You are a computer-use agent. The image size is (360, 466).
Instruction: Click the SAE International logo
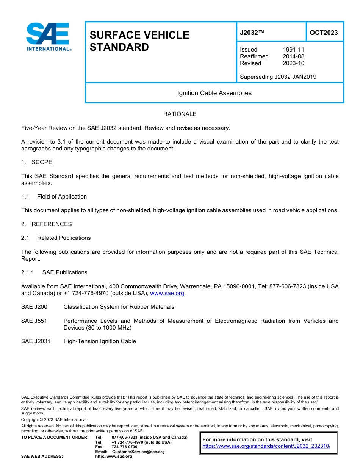(48, 37)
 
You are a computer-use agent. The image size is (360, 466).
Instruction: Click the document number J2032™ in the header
(252, 33)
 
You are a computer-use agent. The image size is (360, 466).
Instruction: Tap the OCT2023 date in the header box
(324, 33)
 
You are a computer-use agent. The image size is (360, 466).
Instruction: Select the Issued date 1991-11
(293, 50)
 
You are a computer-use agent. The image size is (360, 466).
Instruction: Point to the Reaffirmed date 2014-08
(293, 56)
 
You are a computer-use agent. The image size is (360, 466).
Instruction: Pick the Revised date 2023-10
(293, 63)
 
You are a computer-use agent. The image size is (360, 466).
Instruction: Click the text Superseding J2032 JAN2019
(278, 77)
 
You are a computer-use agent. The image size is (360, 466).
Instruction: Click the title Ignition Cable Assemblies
(214, 93)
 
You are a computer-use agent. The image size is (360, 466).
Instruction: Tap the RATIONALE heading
(180, 114)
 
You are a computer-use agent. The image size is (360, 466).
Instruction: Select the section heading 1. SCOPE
(37, 162)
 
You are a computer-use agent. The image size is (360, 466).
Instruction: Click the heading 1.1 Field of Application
(54, 197)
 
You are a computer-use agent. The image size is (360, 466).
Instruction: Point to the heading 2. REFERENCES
(46, 224)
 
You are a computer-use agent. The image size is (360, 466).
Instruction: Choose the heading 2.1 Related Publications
(56, 238)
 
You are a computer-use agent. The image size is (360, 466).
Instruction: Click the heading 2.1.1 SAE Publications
(54, 272)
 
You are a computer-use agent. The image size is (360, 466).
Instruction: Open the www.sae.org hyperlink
(167, 293)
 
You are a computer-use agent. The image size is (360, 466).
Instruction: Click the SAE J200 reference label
(34, 307)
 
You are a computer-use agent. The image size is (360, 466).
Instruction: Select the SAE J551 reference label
(34, 321)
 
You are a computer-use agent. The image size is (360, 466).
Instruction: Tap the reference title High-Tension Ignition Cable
(100, 341)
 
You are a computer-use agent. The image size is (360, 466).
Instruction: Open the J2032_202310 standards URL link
(266, 446)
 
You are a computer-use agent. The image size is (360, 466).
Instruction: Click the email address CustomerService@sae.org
(138, 452)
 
